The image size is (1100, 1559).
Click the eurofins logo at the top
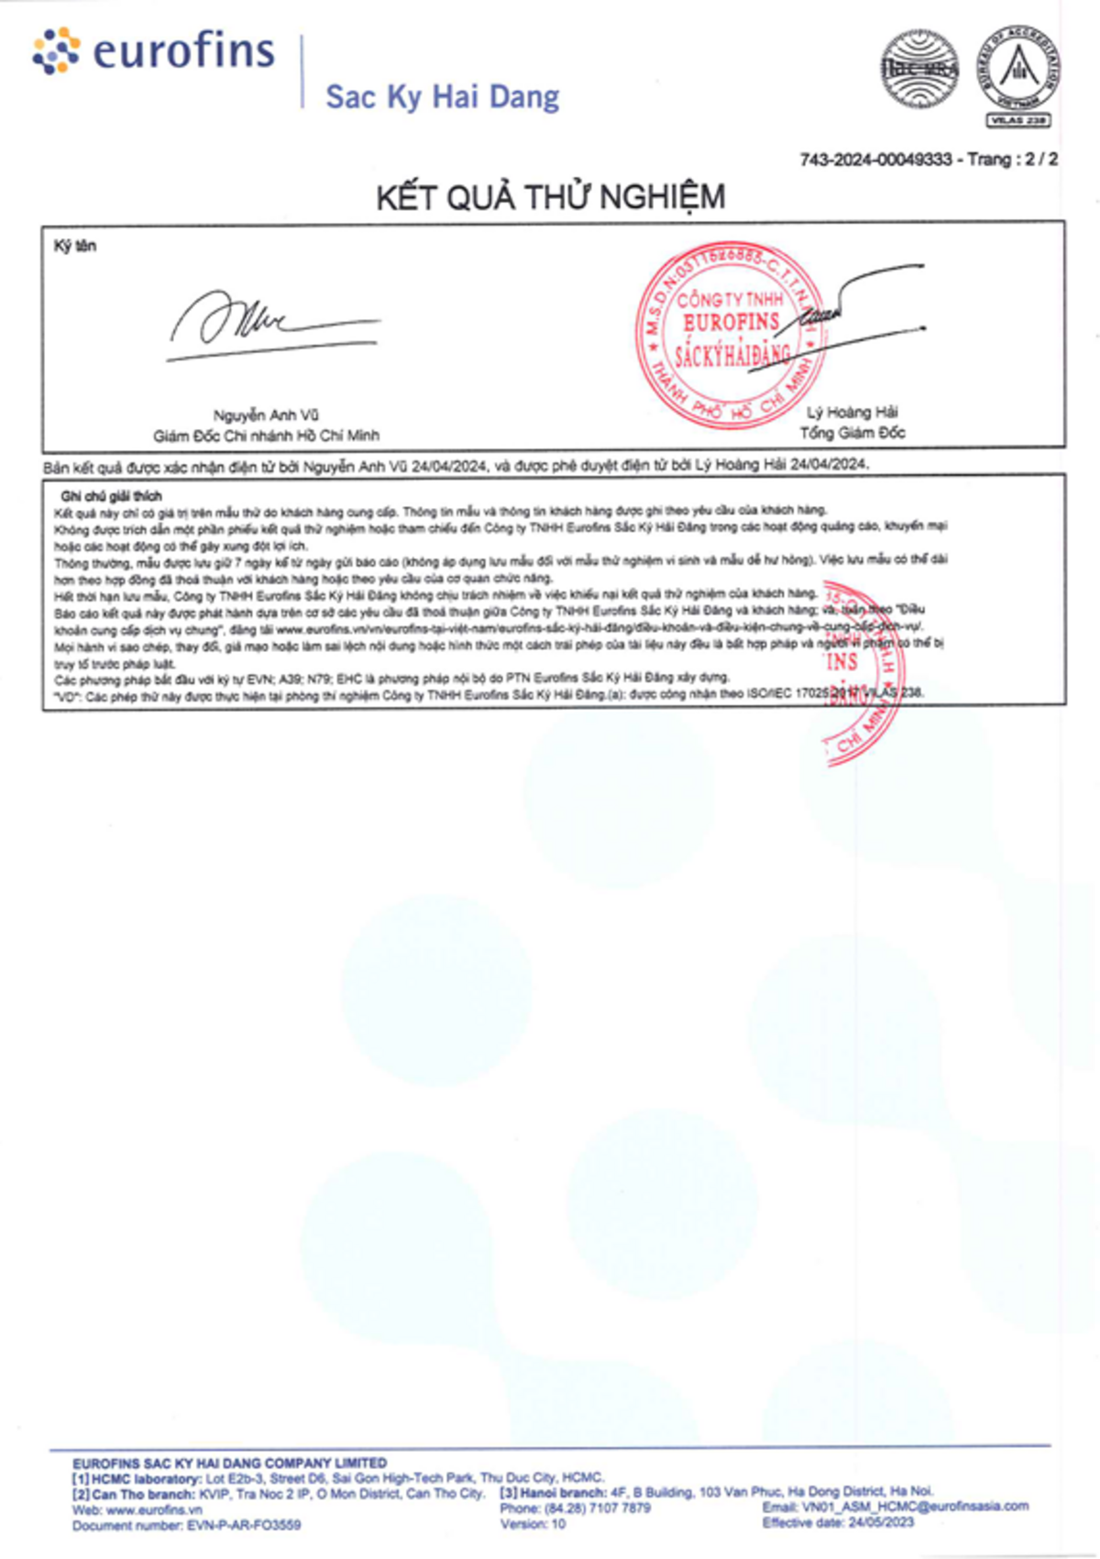154,51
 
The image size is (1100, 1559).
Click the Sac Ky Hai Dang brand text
443,96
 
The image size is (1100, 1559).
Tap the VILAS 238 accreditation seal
1017,75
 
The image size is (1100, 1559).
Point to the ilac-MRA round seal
919,69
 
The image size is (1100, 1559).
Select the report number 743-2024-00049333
875,160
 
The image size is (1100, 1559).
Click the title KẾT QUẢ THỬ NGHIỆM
550,197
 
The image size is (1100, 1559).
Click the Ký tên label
74,246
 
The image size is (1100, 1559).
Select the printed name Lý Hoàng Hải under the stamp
852,413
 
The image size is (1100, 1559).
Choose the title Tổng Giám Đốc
852,433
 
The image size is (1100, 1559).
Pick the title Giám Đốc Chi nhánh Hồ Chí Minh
266,436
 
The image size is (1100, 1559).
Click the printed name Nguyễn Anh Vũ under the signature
266,415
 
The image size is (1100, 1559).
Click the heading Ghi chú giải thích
111,496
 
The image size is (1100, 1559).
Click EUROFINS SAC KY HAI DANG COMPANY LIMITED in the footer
229,1463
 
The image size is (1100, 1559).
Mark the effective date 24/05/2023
881,1522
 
